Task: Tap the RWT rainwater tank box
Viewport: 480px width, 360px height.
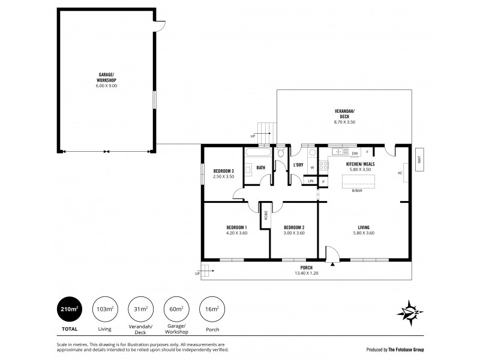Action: point(420,160)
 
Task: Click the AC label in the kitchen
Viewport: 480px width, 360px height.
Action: point(399,173)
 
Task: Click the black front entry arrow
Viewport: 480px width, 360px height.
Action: point(331,262)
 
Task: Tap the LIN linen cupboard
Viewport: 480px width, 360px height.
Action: point(310,181)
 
